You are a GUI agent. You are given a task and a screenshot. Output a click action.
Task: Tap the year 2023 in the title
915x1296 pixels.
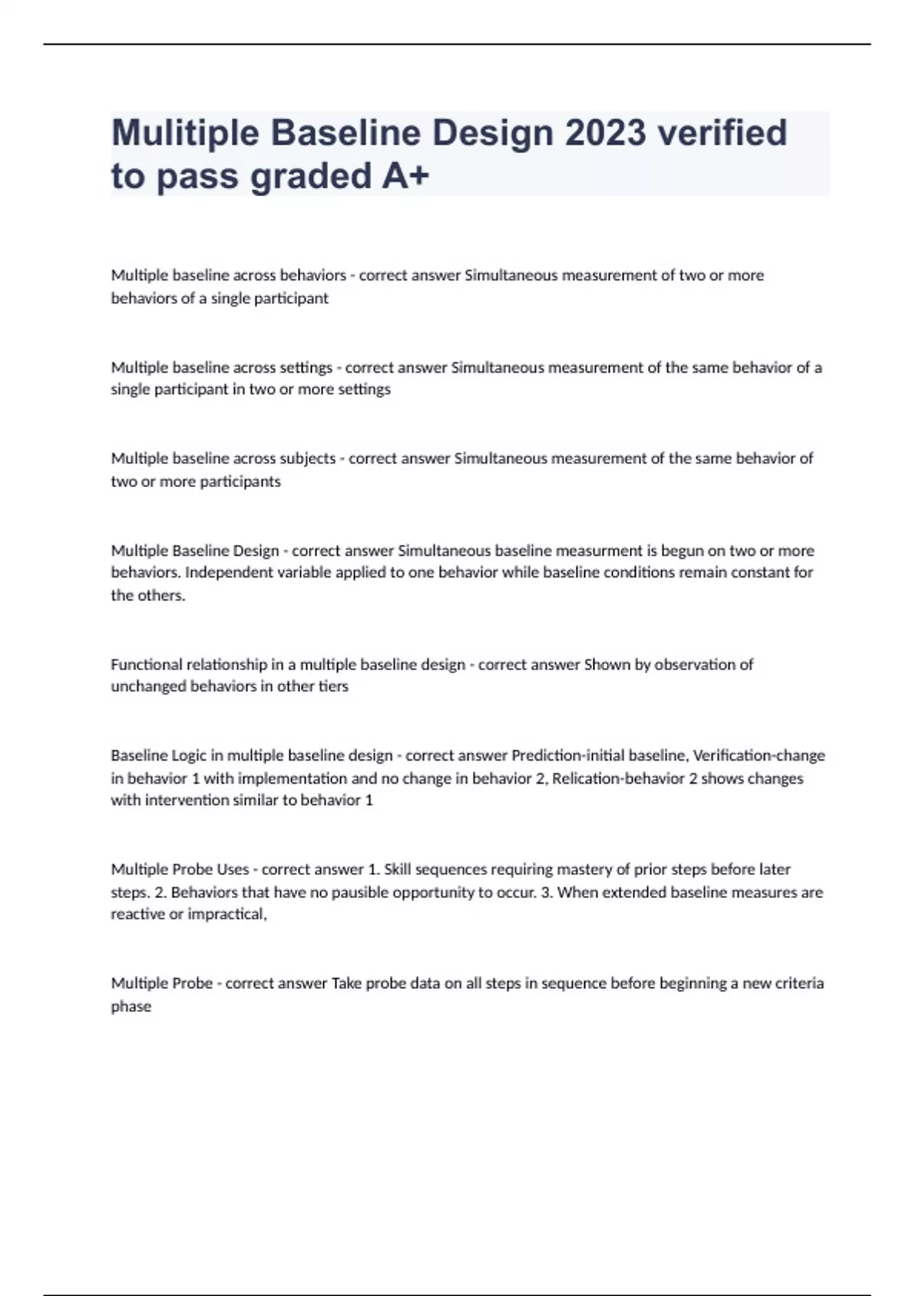[x=605, y=133]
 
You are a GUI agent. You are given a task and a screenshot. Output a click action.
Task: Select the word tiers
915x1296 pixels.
[x=333, y=686]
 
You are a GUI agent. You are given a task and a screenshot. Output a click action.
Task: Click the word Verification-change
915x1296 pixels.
[x=759, y=755]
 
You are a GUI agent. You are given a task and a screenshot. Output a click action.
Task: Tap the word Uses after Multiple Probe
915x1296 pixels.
[x=233, y=869]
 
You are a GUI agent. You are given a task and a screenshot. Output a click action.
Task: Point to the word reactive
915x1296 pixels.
[x=137, y=914]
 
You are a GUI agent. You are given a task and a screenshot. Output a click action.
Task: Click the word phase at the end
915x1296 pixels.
[x=131, y=1006]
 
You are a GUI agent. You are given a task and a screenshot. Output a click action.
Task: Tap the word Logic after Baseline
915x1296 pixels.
[x=188, y=755]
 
